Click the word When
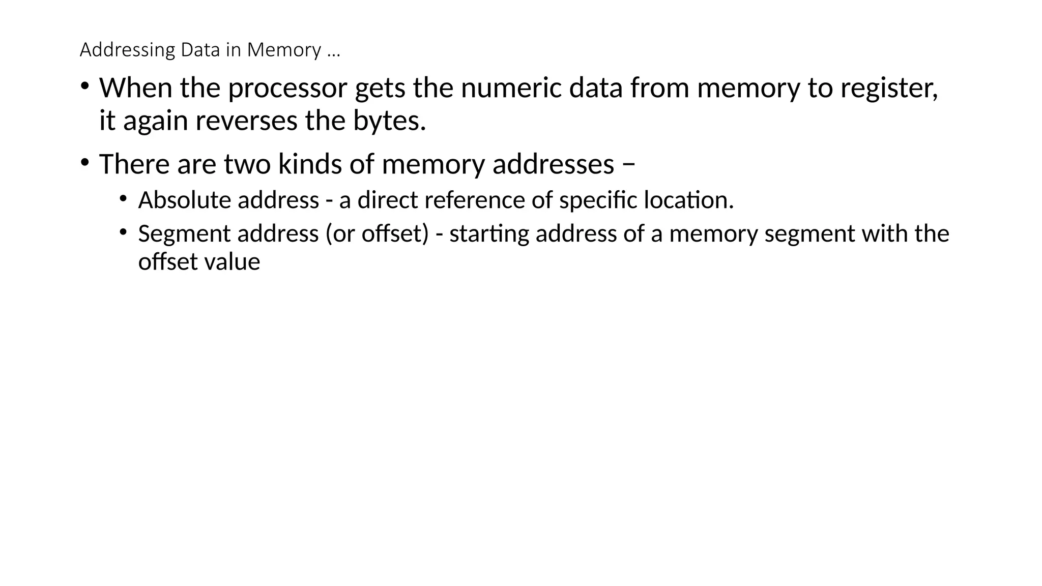(135, 88)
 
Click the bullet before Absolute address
(123, 198)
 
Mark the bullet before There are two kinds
(84, 163)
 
